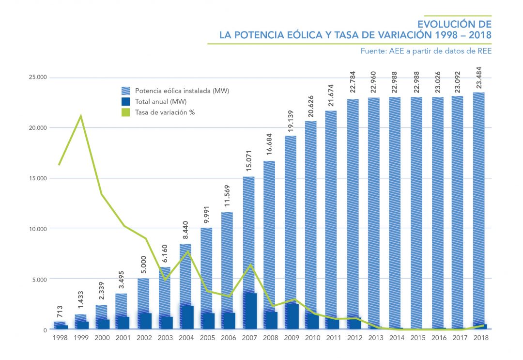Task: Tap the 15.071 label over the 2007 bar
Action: pyautogui.click(x=248, y=163)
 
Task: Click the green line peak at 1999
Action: pyautogui.click(x=80, y=116)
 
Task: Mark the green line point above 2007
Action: pyautogui.click(x=249, y=264)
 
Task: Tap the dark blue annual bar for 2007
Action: pyautogui.click(x=249, y=311)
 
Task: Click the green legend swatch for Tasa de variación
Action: pyautogui.click(x=126, y=112)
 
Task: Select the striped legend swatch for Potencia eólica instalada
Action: pyautogui.click(x=126, y=91)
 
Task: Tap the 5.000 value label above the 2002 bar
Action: pyautogui.click(x=144, y=265)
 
